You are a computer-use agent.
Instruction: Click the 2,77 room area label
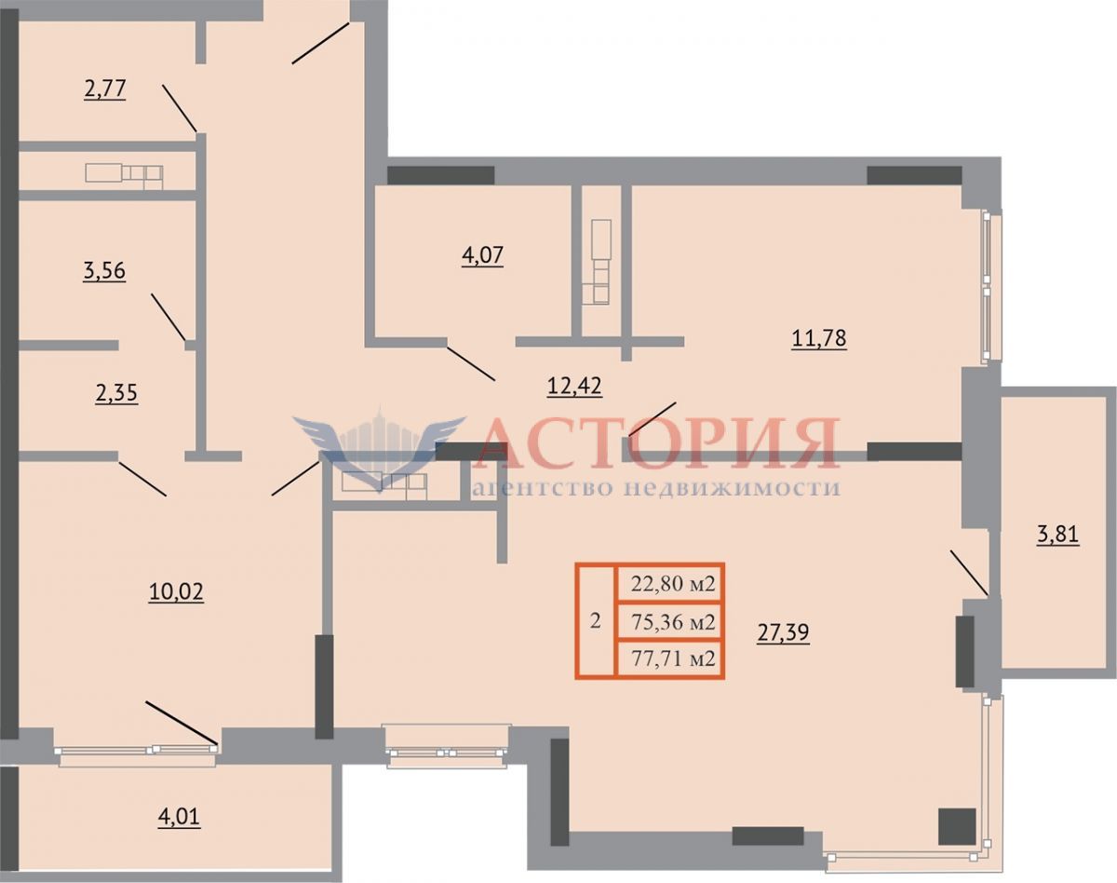[104, 88]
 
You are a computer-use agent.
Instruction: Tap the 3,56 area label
[104, 271]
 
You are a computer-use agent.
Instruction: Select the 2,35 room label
[116, 393]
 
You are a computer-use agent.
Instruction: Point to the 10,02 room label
[176, 592]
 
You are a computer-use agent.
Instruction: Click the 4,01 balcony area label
[179, 817]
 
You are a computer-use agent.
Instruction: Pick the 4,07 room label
[482, 255]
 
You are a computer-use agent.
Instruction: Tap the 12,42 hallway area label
[574, 386]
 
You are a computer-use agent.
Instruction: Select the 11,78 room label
[819, 339]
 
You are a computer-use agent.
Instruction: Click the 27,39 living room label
[783, 632]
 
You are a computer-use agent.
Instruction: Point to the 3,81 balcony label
[1057, 534]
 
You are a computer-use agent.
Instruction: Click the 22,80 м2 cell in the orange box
[673, 584]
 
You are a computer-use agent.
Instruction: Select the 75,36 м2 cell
[673, 622]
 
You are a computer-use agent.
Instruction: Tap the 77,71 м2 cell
[673, 659]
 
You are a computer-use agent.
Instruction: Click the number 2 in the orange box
[596, 620]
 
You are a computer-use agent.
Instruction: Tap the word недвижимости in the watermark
[731, 488]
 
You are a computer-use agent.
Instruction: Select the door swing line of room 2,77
[180, 108]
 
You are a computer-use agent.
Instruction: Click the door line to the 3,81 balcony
[969, 573]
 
